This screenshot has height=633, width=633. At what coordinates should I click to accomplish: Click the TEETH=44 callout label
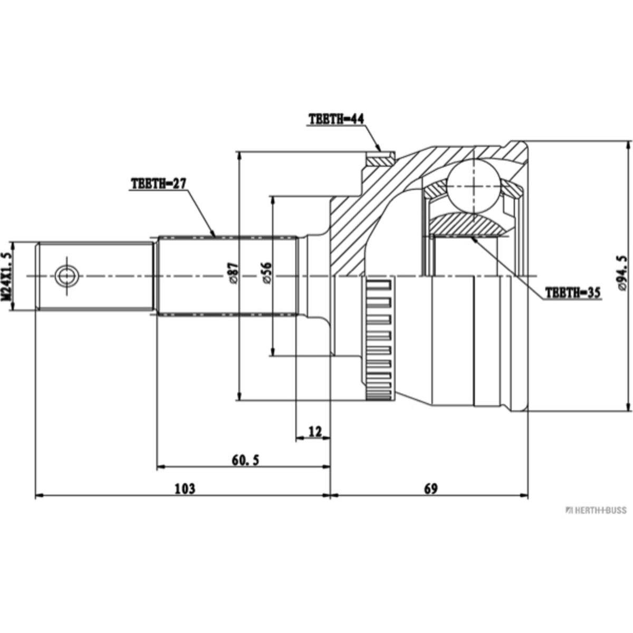(336, 119)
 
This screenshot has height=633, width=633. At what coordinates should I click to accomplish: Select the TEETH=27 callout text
(159, 184)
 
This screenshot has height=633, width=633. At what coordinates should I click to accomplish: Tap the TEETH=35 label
(573, 293)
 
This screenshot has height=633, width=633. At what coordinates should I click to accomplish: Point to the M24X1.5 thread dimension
(7, 276)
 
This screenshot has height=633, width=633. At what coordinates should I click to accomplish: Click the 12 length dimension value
(314, 432)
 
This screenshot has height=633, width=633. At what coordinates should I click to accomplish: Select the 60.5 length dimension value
(245, 461)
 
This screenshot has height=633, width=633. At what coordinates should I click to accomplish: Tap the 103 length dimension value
(185, 489)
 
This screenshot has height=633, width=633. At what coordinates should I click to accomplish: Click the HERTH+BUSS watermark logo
(596, 510)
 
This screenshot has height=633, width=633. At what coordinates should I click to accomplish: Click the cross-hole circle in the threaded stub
(66, 275)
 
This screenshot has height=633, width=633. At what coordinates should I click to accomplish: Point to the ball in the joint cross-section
(474, 187)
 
